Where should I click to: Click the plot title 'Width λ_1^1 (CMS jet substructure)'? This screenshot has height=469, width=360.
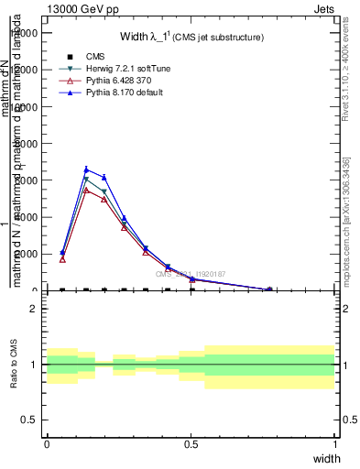(x=191, y=38)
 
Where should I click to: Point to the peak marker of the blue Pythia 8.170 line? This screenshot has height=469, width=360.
(x=86, y=169)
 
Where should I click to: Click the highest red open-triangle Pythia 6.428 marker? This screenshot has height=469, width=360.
(x=86, y=190)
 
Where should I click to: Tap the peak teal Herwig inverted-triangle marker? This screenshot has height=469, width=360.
(x=86, y=180)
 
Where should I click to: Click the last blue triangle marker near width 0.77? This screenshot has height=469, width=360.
(x=269, y=289)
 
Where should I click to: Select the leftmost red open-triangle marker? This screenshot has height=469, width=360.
(x=62, y=259)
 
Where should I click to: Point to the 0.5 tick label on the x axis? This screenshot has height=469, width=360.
(x=191, y=444)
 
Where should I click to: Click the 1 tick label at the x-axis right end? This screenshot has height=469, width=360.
(x=334, y=444)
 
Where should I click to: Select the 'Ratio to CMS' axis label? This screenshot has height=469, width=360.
(x=14, y=365)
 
